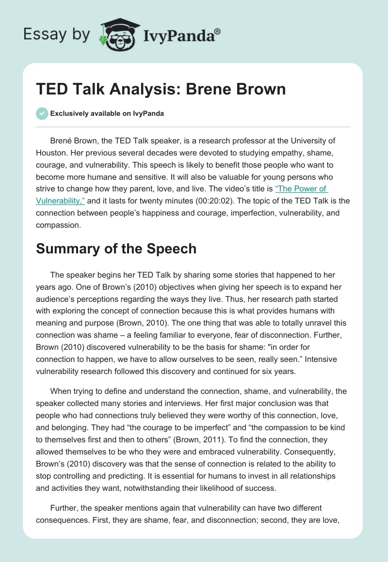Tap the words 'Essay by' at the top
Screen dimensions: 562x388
pos(56,34)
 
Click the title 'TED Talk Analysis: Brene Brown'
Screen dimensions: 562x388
pos(161,90)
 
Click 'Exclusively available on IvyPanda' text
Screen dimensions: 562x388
pos(107,113)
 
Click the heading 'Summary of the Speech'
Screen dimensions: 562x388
pos(116,249)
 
